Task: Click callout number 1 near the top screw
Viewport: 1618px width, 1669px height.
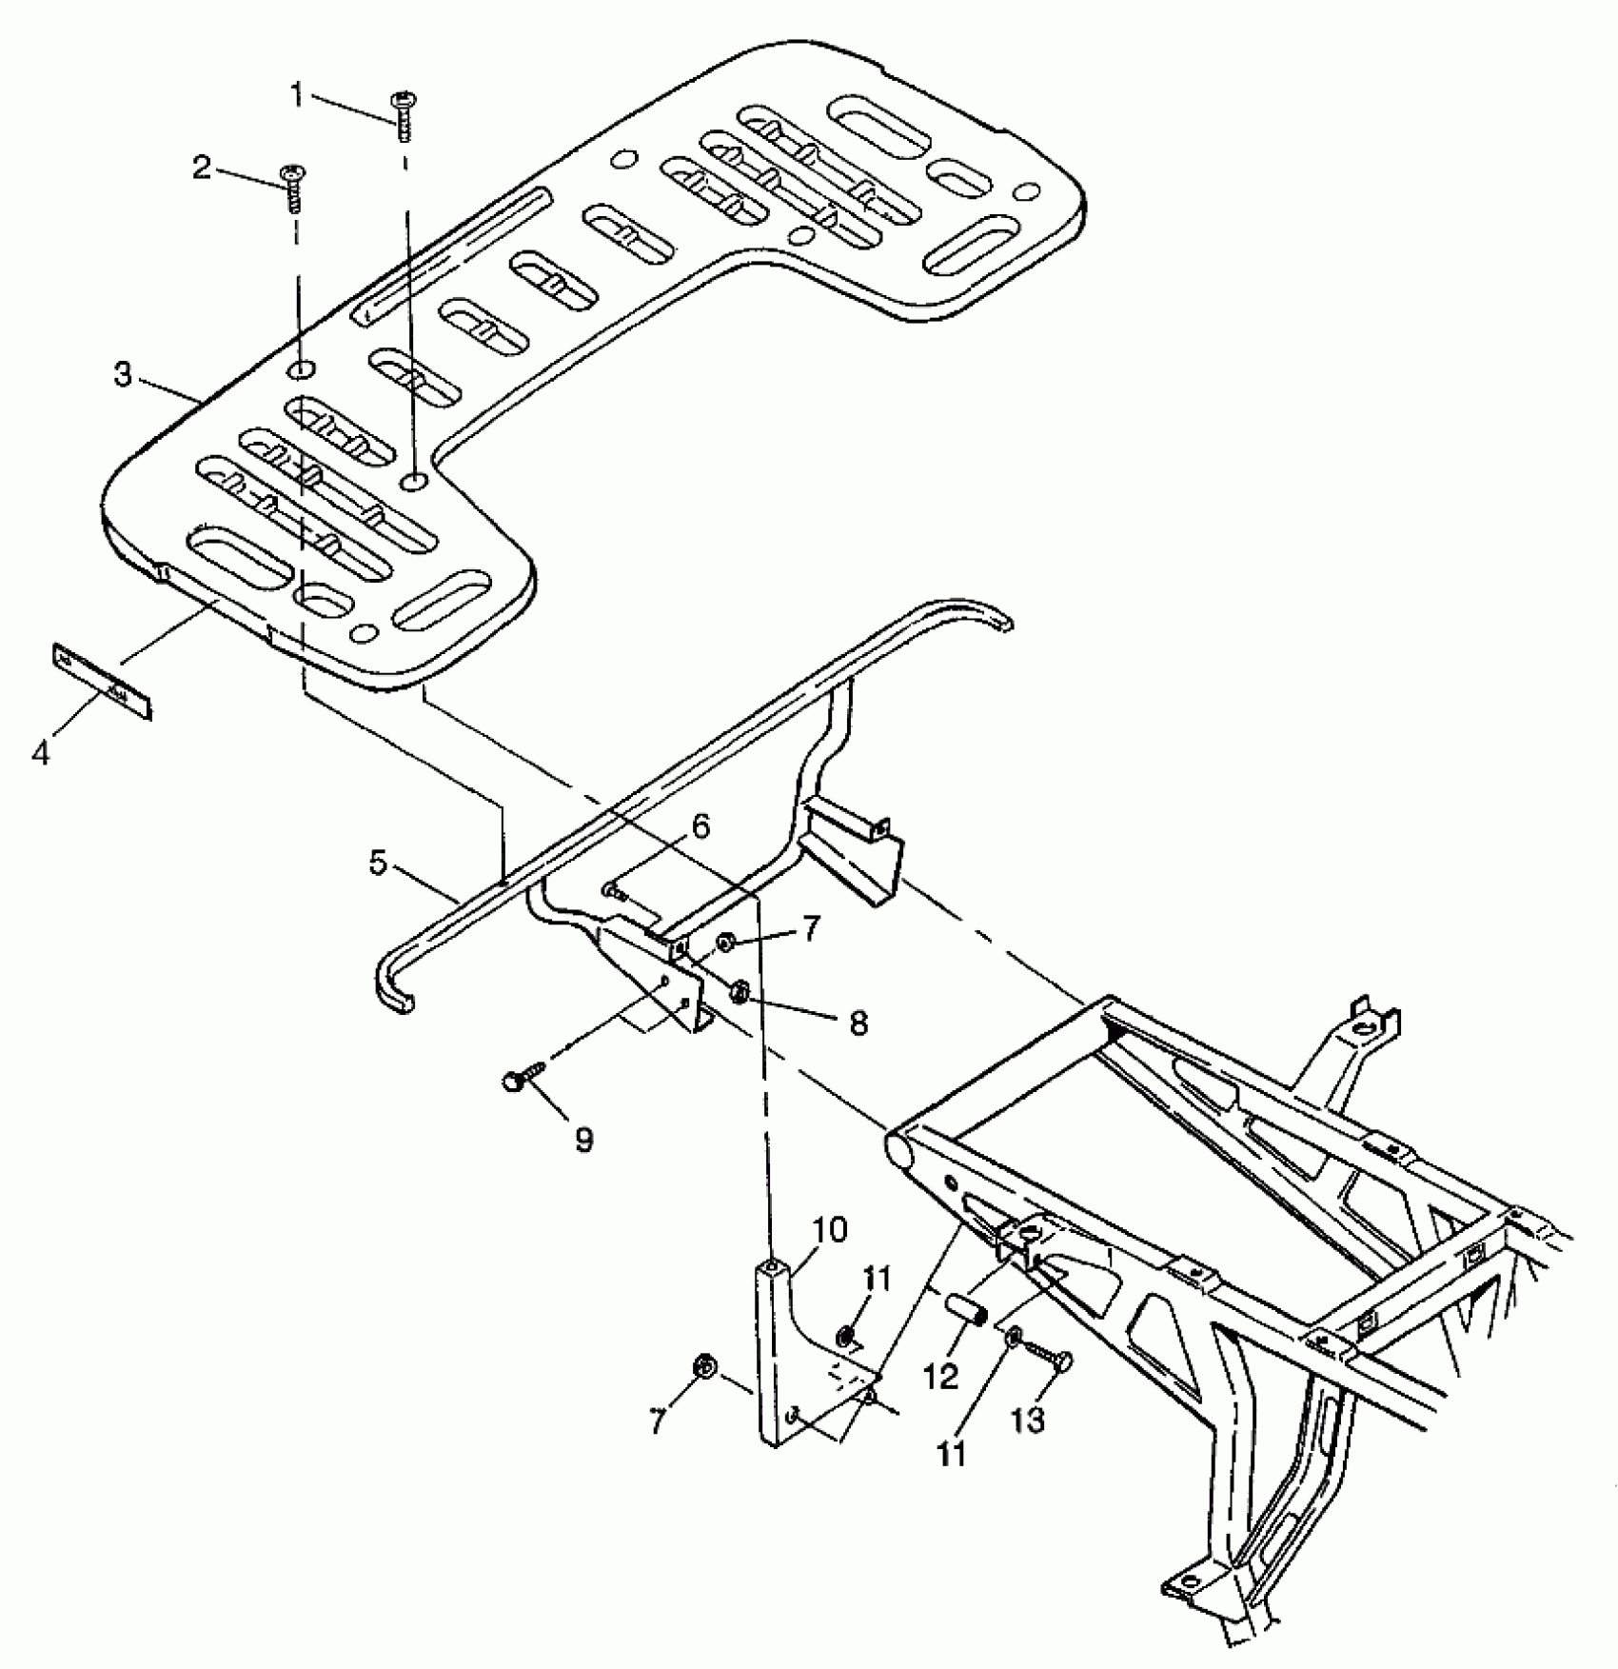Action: (x=298, y=95)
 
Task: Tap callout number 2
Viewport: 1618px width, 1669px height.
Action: (x=202, y=169)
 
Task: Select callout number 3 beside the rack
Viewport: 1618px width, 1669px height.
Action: (x=123, y=374)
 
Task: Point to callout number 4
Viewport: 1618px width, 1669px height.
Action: (x=40, y=753)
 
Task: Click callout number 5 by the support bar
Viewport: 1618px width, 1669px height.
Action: (x=379, y=864)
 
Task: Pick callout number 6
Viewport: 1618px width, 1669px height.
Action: (x=700, y=826)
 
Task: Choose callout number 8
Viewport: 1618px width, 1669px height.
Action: (x=858, y=1023)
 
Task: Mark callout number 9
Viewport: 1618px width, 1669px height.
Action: (x=583, y=1140)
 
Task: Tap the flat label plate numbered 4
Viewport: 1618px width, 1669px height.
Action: (x=101, y=680)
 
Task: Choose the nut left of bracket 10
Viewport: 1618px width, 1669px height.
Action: (x=705, y=1368)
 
